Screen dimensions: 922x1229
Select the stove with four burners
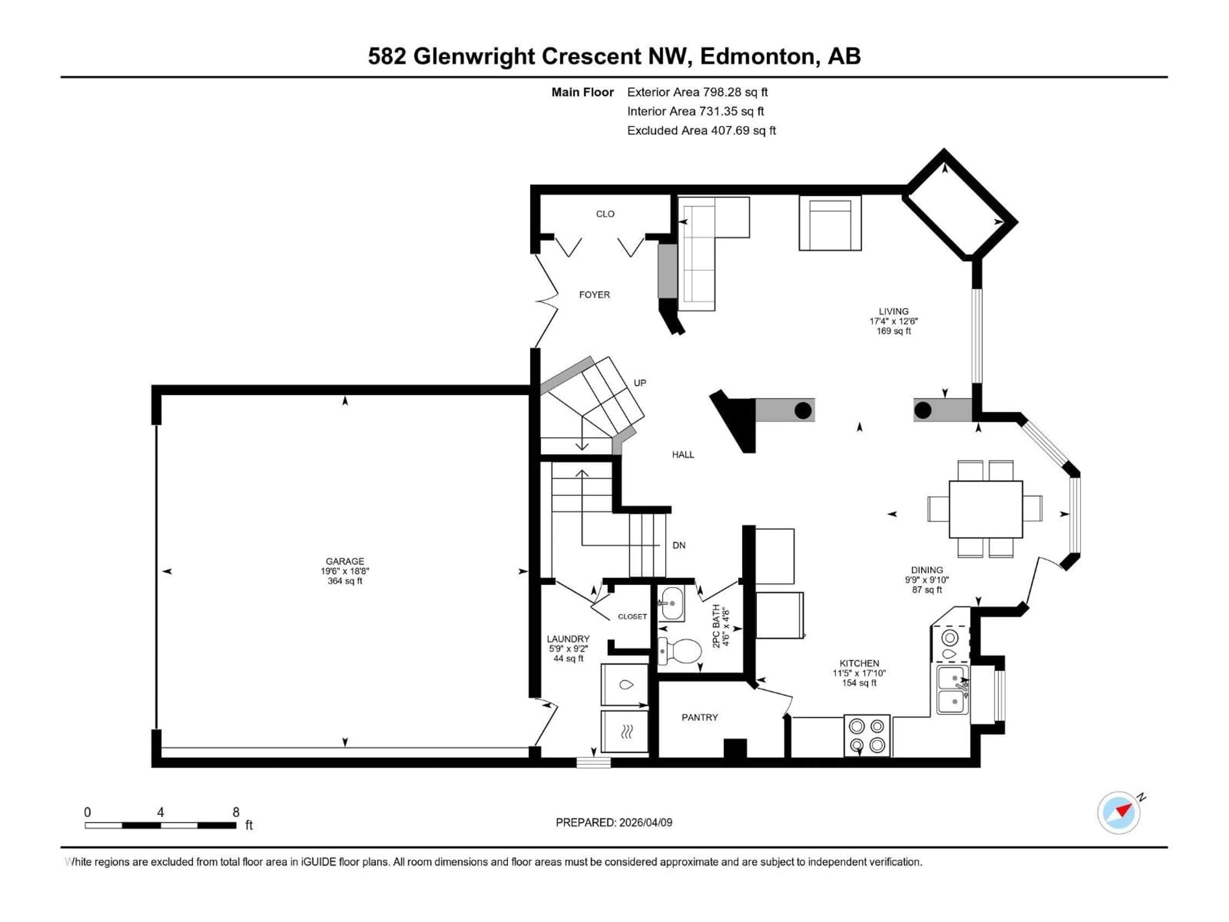[867, 735]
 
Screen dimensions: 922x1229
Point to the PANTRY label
[700, 717]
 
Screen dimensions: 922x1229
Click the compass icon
[1119, 813]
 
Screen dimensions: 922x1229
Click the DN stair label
[679, 545]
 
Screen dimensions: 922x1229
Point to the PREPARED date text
[614, 822]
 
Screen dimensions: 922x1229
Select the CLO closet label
[605, 214]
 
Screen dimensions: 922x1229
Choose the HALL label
[683, 455]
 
